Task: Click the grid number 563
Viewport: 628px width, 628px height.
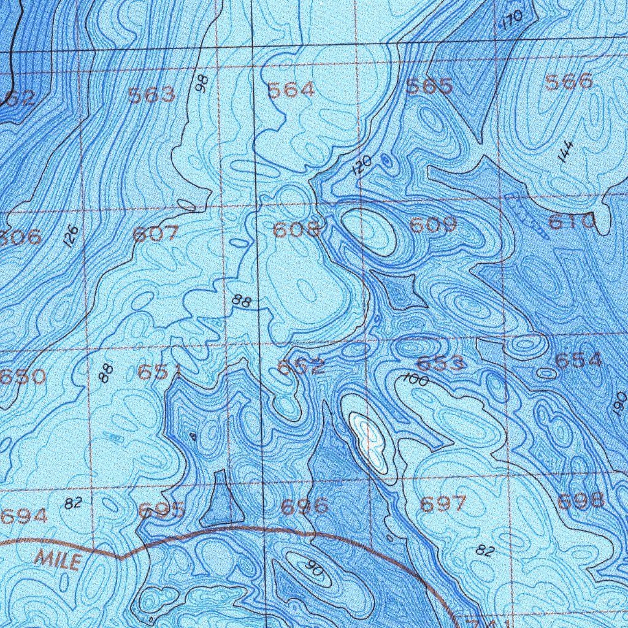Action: point(151,94)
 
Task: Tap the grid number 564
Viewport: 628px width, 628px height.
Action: point(291,90)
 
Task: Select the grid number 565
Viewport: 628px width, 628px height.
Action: point(430,86)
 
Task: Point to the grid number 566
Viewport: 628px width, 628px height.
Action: point(570,82)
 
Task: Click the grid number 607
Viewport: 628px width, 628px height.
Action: point(156,234)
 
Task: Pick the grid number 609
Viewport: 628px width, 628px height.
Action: point(434,225)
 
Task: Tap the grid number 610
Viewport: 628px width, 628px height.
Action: point(572,221)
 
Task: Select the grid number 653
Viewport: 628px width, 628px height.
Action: point(441,364)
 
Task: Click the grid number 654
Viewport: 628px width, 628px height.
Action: point(579,361)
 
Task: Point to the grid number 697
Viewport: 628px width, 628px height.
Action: point(443,504)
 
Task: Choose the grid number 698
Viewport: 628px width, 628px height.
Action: point(581,500)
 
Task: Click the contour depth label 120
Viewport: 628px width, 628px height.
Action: point(362,166)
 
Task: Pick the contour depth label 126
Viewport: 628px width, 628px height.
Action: point(72,236)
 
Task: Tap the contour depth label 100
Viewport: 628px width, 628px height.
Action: point(416,380)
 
